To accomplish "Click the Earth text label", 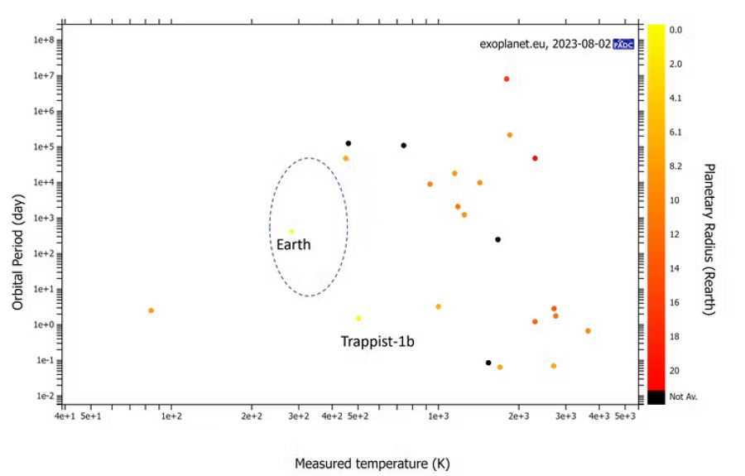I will click(294, 245).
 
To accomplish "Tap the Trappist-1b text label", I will click(377, 341).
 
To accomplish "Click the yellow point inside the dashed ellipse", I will click(291, 232).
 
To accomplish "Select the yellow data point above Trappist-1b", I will click(358, 318).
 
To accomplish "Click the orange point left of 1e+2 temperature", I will click(151, 310).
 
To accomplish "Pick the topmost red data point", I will click(507, 79).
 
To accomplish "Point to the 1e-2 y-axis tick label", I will click(44, 396).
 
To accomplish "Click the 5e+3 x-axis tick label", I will click(625, 416).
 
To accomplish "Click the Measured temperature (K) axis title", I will click(372, 464).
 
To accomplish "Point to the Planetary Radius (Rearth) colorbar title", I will click(709, 238).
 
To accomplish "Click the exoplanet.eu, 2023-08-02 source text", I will click(545, 44).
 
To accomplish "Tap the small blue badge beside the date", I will click(623, 45).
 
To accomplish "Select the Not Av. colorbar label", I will click(683, 397).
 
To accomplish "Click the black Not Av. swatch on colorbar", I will click(655, 397).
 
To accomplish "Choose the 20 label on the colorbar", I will click(675, 370).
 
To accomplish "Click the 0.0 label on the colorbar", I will click(675, 30).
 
